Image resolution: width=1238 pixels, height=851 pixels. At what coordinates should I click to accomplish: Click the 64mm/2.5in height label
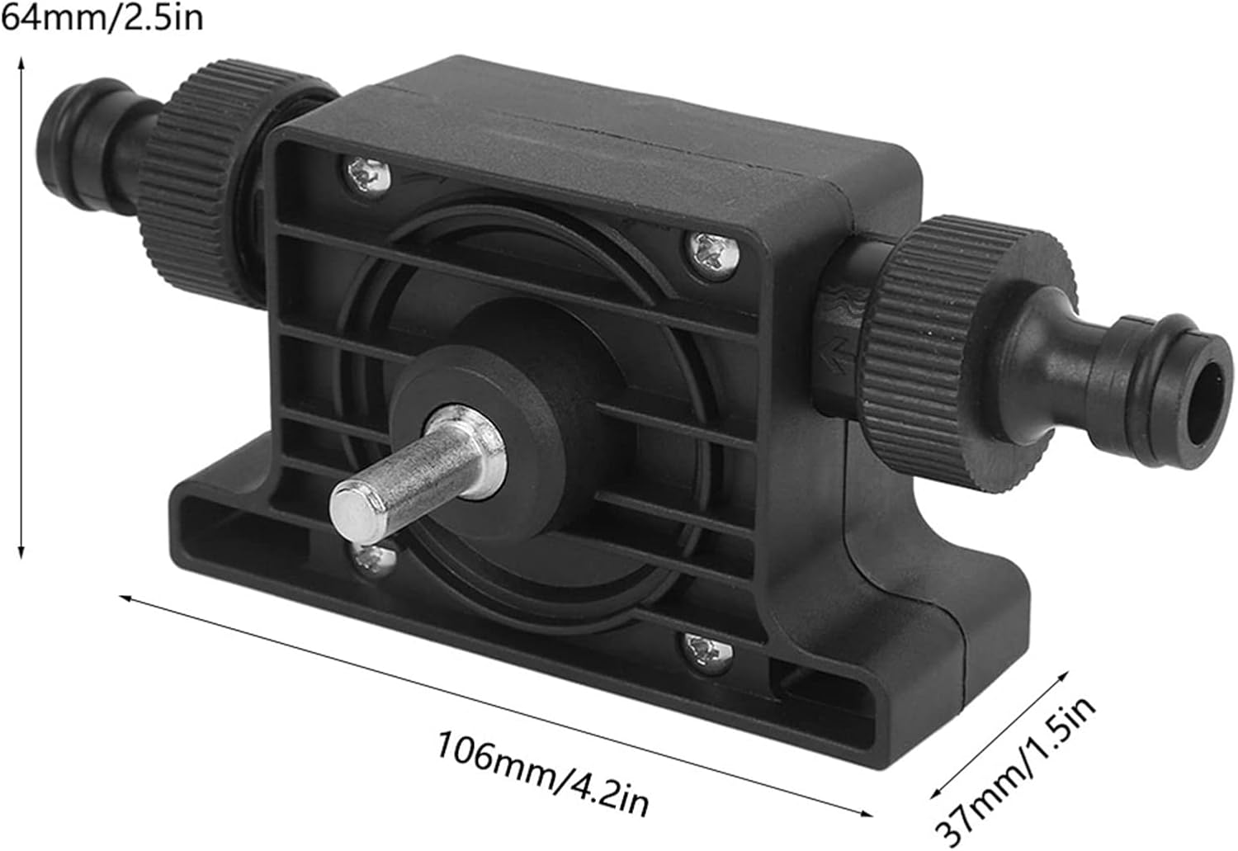coord(102,17)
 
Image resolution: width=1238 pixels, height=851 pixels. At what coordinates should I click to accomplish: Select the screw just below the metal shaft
coord(373,560)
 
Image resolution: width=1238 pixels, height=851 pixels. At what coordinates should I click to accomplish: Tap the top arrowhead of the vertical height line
coord(22,63)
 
